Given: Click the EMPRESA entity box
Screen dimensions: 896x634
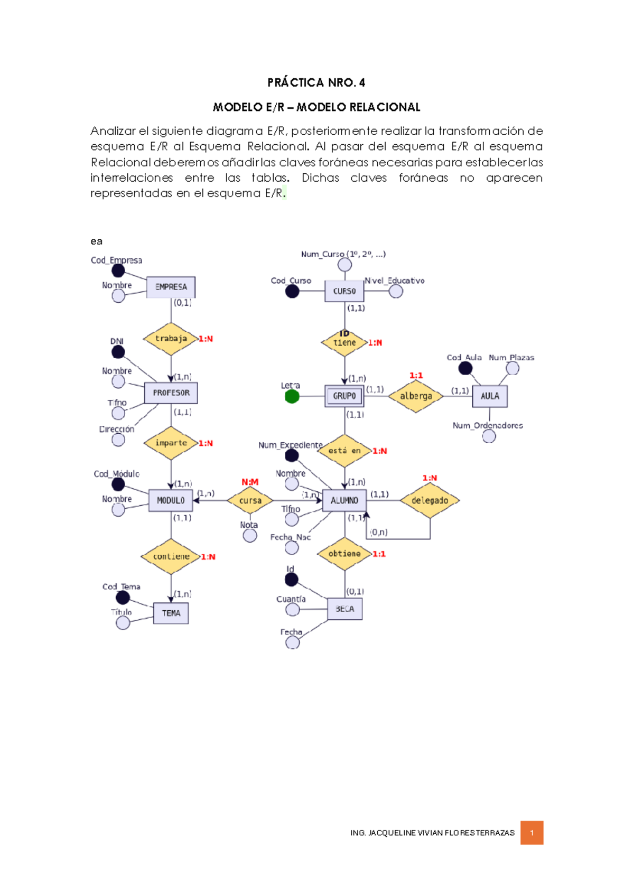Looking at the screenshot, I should pos(171,287).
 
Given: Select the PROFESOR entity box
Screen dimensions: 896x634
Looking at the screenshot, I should pos(171,393).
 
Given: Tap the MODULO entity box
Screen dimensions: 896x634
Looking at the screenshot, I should pos(171,500).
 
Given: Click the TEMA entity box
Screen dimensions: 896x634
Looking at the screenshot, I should pos(171,613).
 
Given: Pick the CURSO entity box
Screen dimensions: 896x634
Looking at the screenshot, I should pos(344,291).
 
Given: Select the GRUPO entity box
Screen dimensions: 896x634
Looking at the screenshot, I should pos(344,396).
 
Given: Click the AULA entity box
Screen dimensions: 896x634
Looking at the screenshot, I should pos(490,396).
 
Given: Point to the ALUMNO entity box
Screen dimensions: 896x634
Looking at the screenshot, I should pos(344,500).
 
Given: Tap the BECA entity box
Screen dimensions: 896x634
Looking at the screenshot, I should pos(344,609).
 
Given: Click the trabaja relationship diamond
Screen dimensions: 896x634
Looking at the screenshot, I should pos(171,339).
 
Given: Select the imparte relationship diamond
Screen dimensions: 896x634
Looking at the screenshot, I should pos(171,443).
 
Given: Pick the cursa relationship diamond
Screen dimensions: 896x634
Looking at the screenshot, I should pos(250,500).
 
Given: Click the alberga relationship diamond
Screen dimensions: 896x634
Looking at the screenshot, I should pos(416,396).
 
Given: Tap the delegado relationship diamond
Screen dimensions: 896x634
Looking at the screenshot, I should pos(430,500).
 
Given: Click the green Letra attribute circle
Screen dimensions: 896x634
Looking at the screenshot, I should pos(292,396).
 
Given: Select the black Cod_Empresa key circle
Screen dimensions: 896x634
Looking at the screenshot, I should pos(118,270).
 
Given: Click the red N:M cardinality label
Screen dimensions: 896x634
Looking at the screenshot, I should pos(250,482).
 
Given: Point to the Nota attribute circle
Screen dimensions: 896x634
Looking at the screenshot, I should pos(250,536).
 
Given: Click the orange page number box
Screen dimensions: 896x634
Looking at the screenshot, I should pos(532,833).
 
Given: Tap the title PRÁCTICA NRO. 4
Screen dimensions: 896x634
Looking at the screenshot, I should pos(316,82).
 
